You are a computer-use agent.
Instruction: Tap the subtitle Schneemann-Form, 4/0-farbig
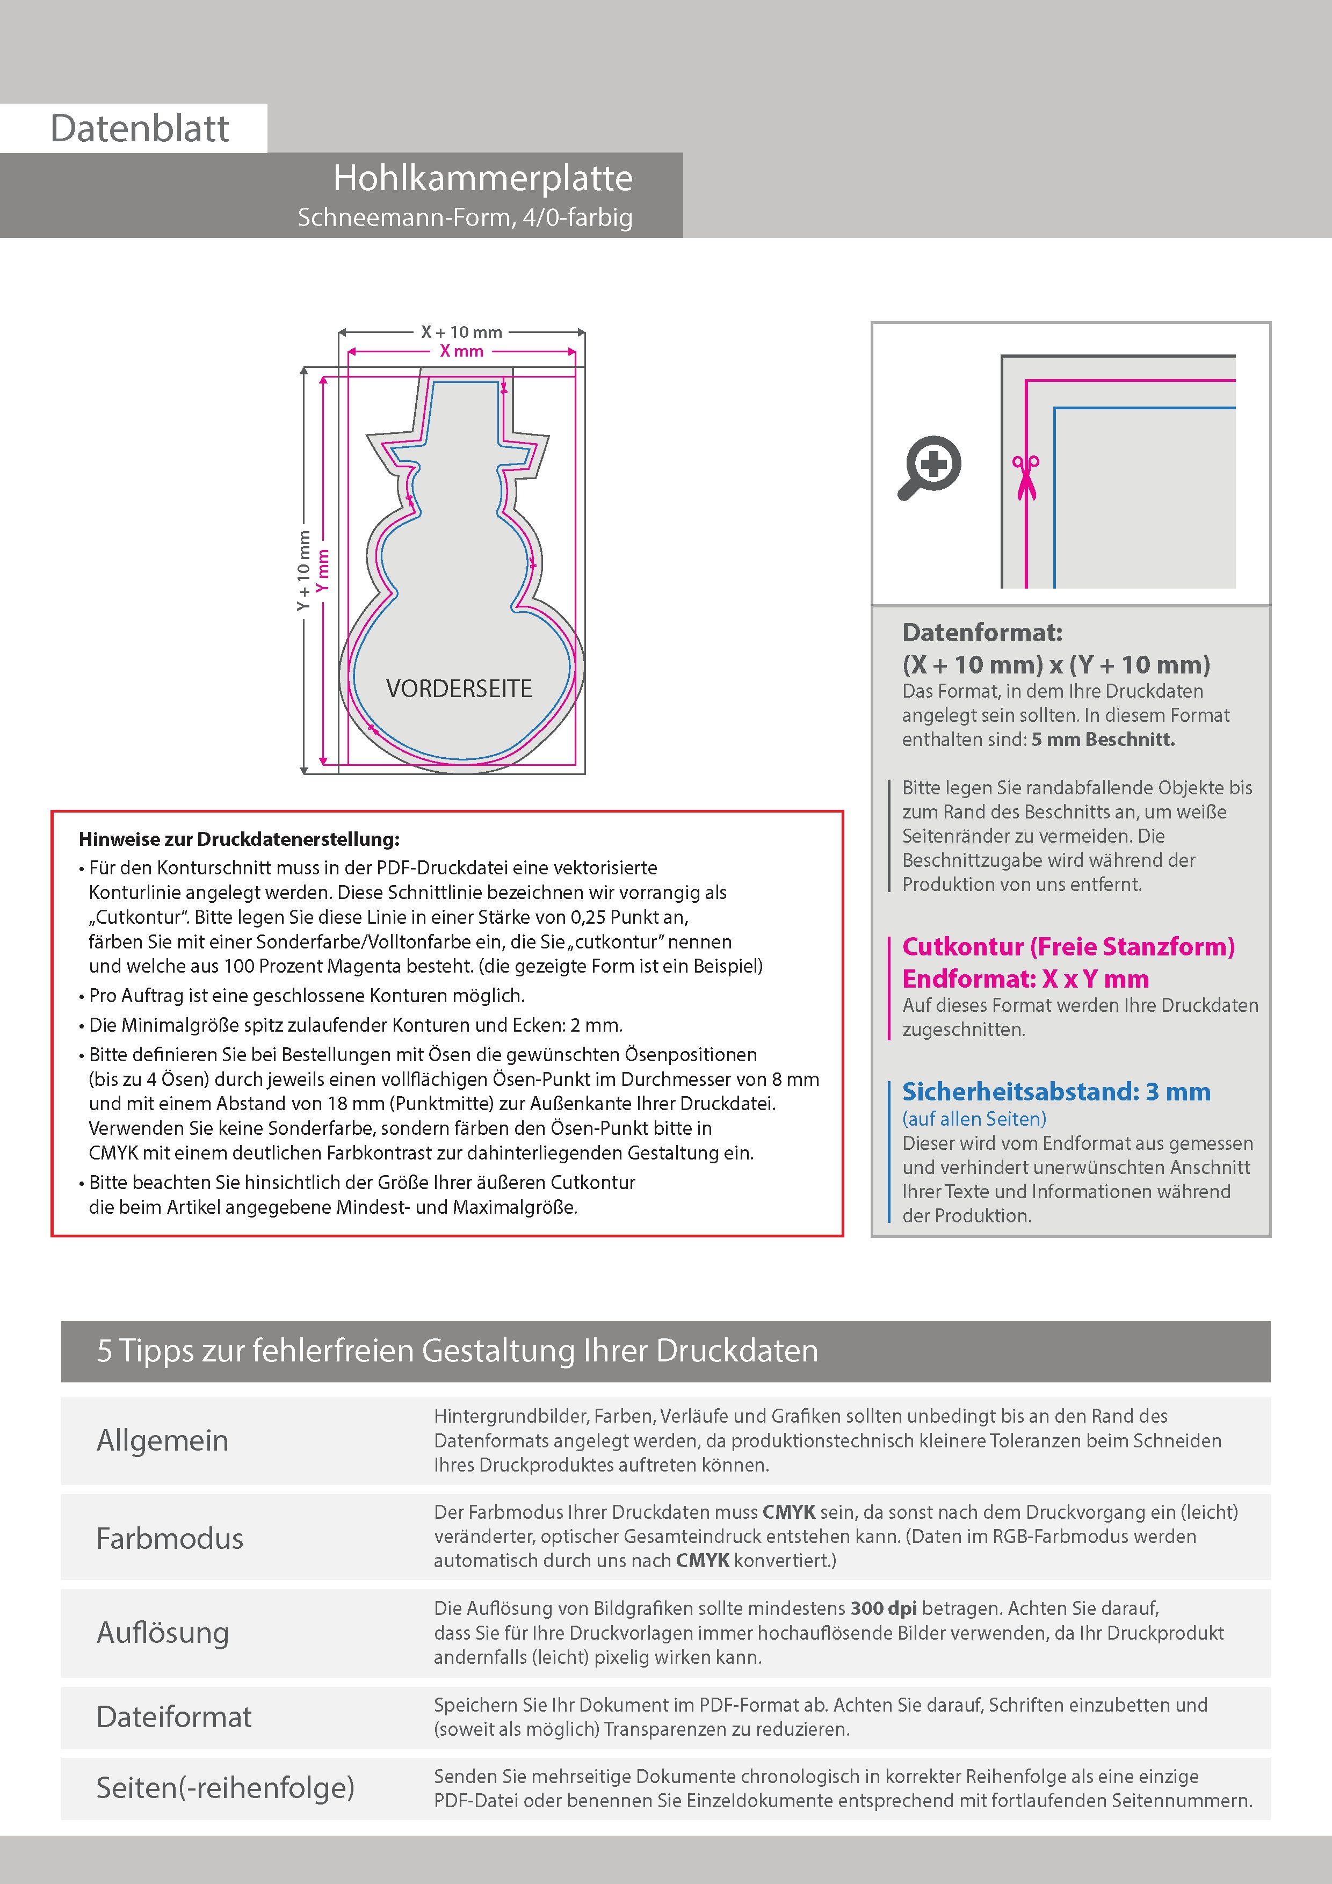point(465,218)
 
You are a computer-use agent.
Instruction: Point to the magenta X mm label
point(461,351)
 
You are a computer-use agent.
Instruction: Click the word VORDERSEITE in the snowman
point(459,689)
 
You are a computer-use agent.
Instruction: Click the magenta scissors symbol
point(1025,477)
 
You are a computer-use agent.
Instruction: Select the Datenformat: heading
point(982,633)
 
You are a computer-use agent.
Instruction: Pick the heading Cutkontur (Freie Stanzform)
point(1068,947)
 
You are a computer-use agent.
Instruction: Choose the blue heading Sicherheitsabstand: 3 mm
point(1055,1092)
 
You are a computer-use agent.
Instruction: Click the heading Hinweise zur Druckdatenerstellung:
point(239,839)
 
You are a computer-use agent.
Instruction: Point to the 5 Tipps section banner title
point(457,1351)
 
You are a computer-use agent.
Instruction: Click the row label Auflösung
point(163,1633)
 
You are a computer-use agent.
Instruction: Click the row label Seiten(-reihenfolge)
point(225,1788)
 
